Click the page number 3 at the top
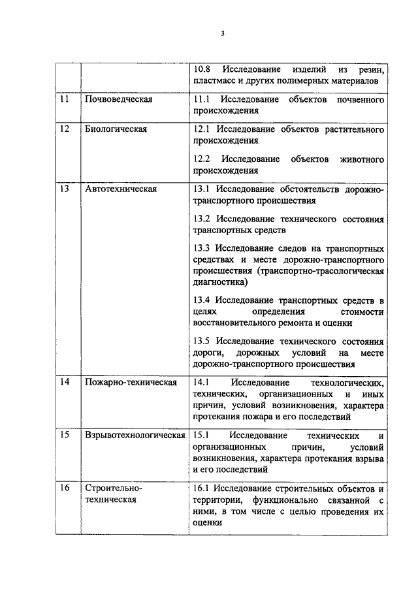(223, 34)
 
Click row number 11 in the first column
(64, 99)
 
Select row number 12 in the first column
(64, 129)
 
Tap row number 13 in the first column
(64, 189)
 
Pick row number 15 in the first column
(64, 435)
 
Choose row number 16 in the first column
(64, 488)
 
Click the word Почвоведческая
(119, 99)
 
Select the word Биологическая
(116, 129)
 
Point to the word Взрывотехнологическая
(135, 435)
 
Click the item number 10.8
(204, 69)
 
